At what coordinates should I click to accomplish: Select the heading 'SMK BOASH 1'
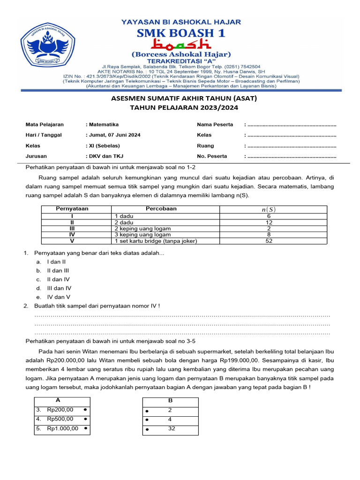(180, 32)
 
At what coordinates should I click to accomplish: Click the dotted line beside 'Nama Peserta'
(292, 125)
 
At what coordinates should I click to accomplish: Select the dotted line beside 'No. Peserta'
(292, 157)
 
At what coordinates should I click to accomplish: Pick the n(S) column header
(269, 209)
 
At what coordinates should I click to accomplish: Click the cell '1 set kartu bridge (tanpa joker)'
(156, 241)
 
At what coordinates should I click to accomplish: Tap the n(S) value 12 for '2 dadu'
(269, 222)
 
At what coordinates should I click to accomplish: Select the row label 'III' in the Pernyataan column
(72, 228)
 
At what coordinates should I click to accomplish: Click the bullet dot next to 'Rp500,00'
(85, 419)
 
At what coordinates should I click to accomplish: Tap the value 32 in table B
(172, 428)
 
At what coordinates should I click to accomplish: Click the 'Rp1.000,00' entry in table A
(62, 428)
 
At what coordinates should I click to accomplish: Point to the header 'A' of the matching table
(58, 401)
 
